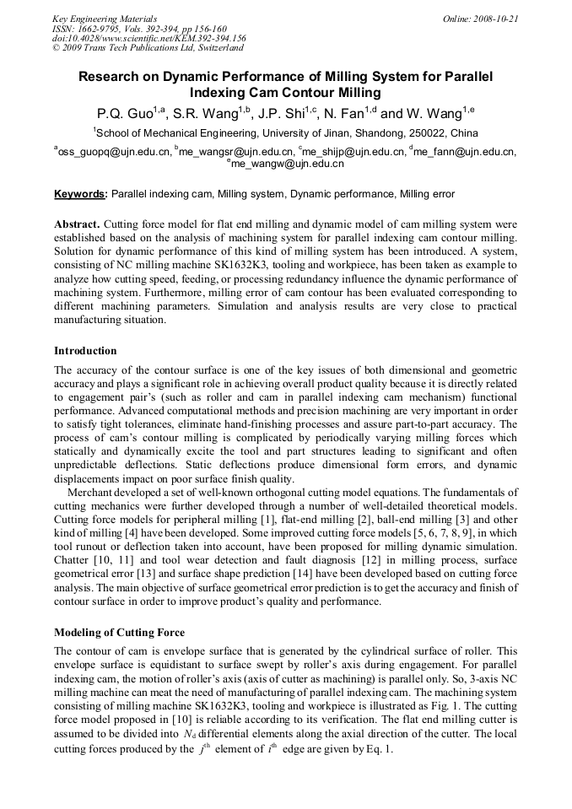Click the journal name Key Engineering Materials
pyautogui.click(x=104, y=18)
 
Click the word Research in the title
pyautogui.click(x=115, y=77)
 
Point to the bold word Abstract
pyautogui.click(x=77, y=225)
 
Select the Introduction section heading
pyautogui.click(x=85, y=350)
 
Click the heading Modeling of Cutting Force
pyautogui.click(x=119, y=633)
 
